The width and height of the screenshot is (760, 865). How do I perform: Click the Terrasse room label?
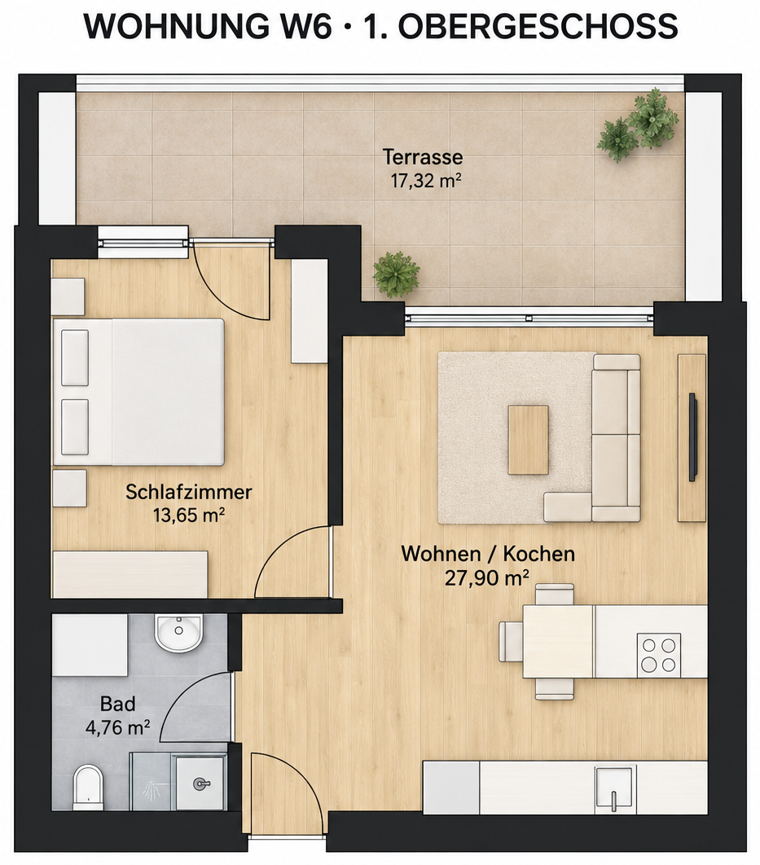423,157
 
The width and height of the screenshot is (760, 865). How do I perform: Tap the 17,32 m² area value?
426,180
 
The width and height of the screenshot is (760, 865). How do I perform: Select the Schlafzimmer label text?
189,491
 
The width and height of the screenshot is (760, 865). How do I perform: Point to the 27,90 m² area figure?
487,577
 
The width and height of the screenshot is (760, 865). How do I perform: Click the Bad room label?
117,704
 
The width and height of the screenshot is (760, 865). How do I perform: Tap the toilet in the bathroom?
88,786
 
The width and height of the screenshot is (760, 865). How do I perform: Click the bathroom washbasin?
178,633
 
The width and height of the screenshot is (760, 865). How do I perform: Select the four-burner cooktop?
659,655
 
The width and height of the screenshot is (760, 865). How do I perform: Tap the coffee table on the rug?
529,440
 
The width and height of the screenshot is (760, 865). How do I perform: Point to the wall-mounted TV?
693,437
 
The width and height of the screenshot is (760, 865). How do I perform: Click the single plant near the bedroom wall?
395,274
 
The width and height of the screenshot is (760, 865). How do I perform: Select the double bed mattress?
169,392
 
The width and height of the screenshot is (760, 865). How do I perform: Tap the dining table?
558,642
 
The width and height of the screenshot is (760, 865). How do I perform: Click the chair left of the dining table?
510,641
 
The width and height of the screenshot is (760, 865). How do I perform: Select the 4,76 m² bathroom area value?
117,727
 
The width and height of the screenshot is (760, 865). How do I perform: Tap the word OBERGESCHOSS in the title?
538,26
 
